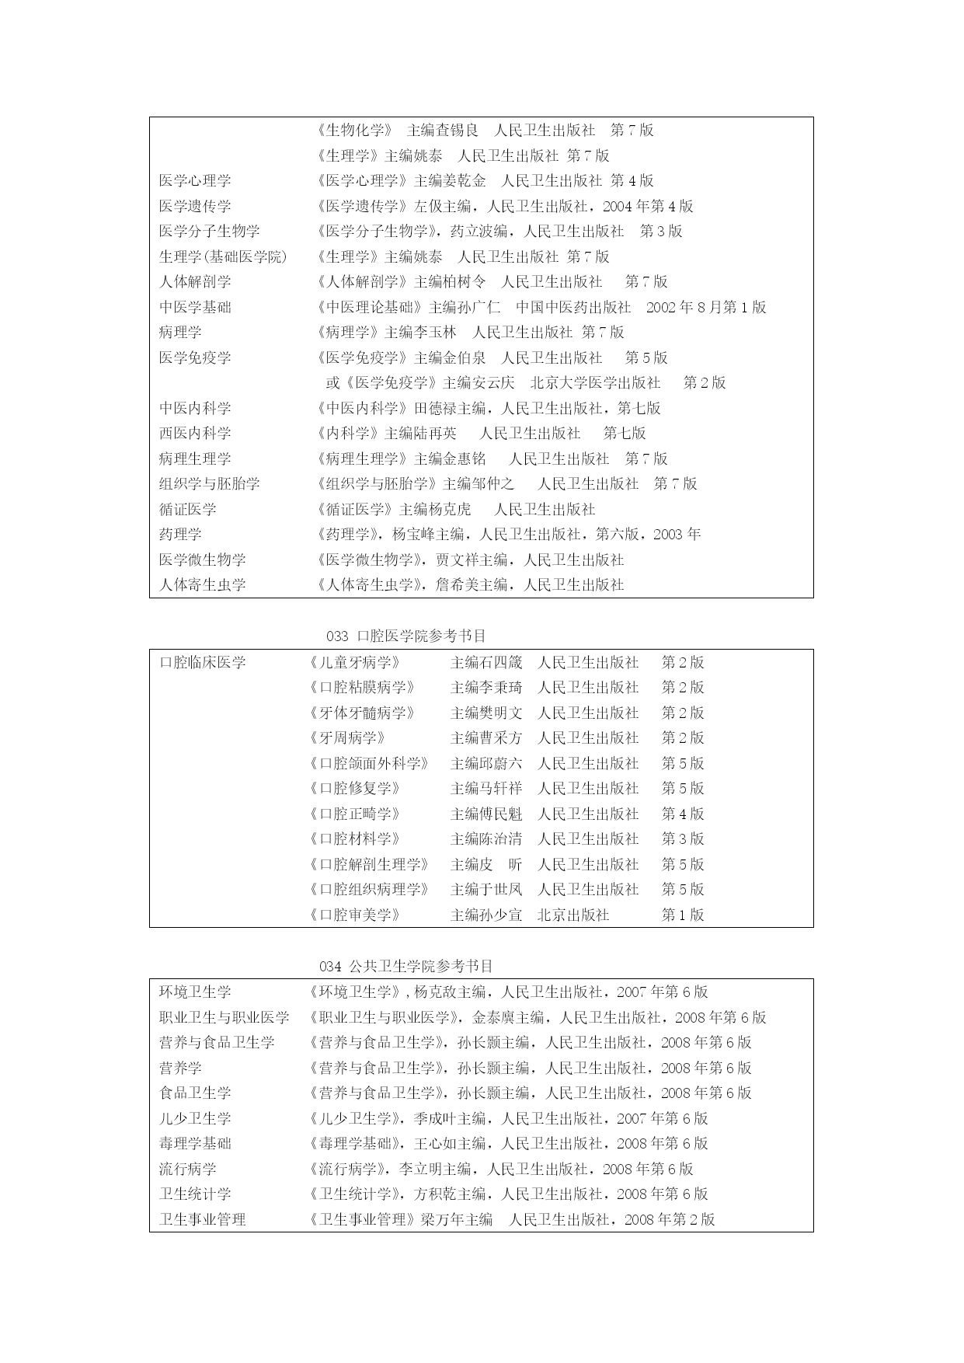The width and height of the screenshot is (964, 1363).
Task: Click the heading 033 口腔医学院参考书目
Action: [x=405, y=636]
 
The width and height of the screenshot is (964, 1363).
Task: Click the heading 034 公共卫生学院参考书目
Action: [x=405, y=966]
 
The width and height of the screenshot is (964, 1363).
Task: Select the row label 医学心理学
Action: [x=195, y=180]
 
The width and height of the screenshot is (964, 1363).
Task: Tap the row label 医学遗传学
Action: [x=195, y=206]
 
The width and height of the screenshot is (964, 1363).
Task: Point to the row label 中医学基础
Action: [x=195, y=307]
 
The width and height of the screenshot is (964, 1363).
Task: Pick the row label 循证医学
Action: [x=188, y=509]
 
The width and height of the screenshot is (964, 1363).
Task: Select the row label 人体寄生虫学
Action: [x=203, y=584]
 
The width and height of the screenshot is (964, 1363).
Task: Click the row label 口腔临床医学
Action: [x=203, y=662]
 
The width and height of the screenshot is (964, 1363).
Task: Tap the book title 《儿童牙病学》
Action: [x=354, y=662]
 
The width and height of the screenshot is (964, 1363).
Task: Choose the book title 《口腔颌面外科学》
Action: [x=368, y=763]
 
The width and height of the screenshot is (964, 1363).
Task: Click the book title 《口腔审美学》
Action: [x=354, y=915]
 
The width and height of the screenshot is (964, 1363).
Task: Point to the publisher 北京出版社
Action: [x=573, y=915]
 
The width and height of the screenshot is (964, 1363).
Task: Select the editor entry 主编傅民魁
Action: [x=486, y=814]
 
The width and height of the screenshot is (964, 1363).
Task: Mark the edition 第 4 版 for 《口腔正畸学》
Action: [x=682, y=814]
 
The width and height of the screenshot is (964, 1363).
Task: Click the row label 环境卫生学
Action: [x=195, y=992]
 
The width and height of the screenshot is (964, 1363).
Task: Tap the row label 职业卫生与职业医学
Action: [x=224, y=1017]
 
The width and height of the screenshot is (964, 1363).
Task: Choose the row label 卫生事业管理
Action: [x=203, y=1219]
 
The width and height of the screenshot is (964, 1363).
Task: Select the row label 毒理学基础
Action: [x=195, y=1143]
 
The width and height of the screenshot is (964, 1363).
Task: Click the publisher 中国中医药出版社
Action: [x=573, y=307]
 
